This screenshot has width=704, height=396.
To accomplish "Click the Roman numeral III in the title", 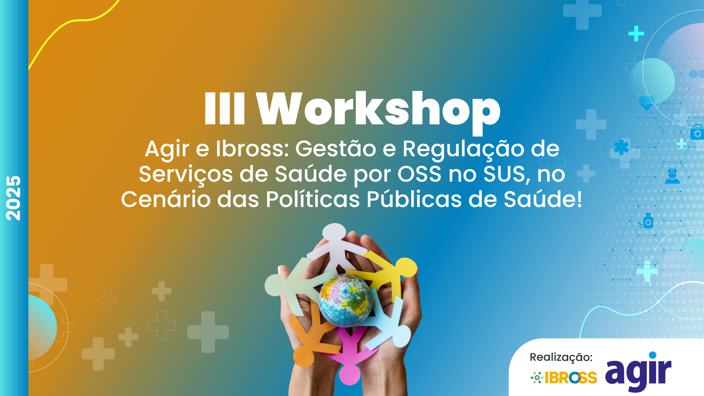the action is (224, 109).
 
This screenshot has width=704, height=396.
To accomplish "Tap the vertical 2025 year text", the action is (13, 198).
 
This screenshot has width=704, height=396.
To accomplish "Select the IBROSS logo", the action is (564, 378).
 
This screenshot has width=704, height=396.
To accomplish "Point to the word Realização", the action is (561, 357).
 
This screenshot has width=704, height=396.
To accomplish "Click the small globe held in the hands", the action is (345, 300).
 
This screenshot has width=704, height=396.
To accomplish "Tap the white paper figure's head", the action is (334, 233).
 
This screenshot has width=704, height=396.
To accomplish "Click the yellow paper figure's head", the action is (406, 267).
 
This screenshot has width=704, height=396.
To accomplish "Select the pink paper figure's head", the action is (350, 374).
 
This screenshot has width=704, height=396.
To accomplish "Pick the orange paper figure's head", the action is (303, 356).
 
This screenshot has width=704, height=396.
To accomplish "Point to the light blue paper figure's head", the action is (400, 336).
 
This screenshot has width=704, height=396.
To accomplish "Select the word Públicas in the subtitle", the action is (414, 199).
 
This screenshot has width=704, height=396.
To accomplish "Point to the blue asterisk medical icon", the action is (621, 147).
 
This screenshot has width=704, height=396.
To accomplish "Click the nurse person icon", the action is (672, 176).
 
